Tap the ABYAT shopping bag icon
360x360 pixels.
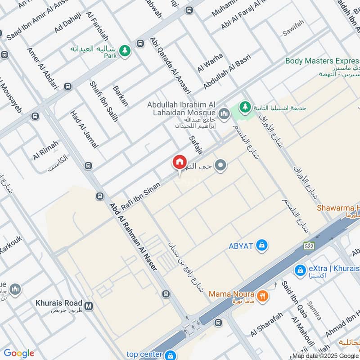pos(261,245)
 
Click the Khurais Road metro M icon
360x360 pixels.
pos(89,306)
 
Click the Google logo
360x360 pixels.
pos(18,353)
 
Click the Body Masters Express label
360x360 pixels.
pos(322,61)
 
